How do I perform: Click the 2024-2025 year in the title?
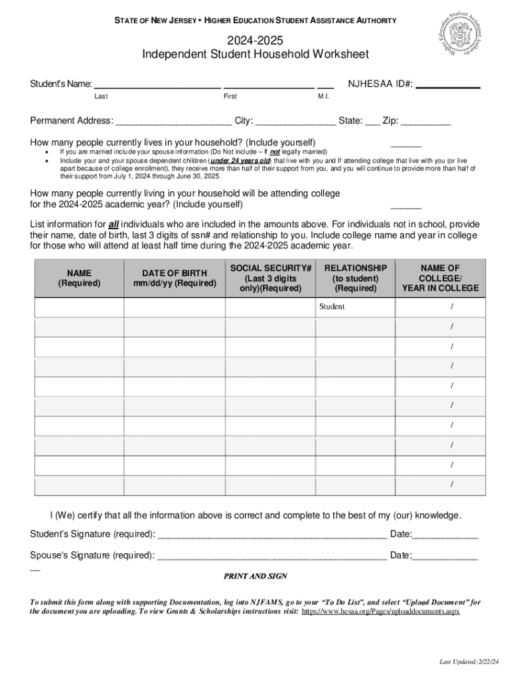256,41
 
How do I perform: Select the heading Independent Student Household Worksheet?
256,54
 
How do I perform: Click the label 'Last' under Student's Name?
101,97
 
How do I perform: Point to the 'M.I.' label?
324,97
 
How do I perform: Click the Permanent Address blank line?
174,122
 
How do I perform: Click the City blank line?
296,122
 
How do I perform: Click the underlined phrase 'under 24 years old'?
240,161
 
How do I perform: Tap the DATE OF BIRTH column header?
175,278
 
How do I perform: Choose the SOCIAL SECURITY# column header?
270,278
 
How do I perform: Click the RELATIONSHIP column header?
356,278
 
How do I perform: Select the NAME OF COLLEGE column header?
439,278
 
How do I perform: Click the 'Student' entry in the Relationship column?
332,307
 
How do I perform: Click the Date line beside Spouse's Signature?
445,556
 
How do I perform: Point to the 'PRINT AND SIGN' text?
256,576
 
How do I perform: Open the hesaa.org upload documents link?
380,612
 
